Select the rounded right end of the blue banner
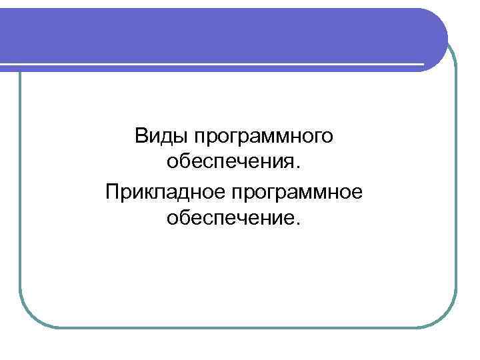(433, 37)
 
